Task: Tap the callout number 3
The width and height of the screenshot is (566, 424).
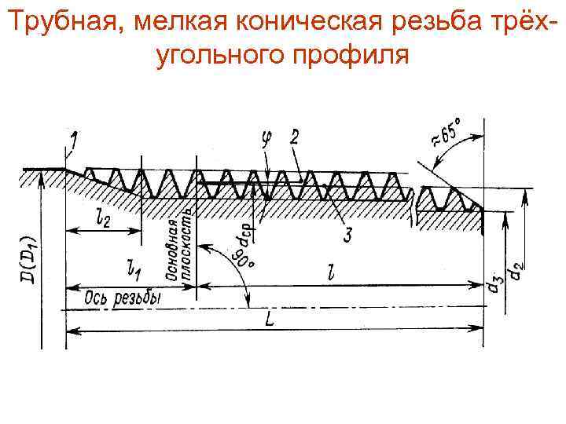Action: click(347, 233)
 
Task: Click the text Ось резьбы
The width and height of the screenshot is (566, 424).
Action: click(115, 298)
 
